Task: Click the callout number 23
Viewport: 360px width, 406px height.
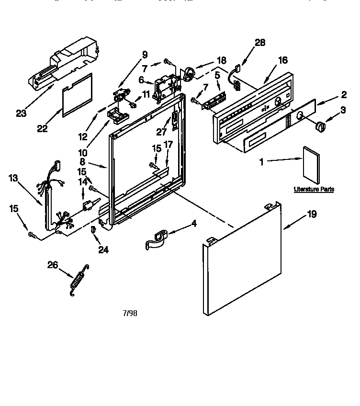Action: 21,113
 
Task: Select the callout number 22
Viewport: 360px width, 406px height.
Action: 42,128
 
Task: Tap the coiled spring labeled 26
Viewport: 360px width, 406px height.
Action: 78,277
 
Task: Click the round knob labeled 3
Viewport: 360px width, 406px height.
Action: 319,126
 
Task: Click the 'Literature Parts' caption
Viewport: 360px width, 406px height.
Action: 314,190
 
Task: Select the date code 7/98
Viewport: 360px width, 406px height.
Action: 130,313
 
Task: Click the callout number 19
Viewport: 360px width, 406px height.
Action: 311,214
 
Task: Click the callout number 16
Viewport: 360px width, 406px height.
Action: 282,60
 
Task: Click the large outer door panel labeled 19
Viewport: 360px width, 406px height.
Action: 242,261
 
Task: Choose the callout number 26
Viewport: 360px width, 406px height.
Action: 53,264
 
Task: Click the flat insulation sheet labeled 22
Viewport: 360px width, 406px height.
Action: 77,96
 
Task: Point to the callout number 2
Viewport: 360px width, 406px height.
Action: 344,94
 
